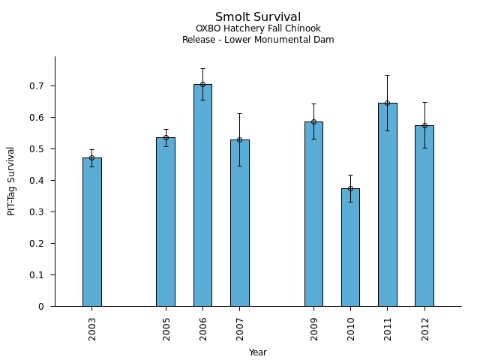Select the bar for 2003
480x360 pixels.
click(x=92, y=232)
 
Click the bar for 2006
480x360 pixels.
click(x=202, y=195)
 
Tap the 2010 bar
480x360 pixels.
click(x=350, y=247)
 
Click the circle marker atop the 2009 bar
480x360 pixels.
click(x=313, y=121)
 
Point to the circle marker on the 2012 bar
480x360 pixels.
click(x=424, y=125)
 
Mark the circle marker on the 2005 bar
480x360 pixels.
click(x=166, y=137)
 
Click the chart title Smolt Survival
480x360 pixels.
click(x=258, y=17)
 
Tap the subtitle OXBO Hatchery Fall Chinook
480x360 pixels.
click(x=258, y=29)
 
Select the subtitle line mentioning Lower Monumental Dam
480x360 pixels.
click(x=258, y=40)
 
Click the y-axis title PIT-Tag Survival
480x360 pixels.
click(x=11, y=181)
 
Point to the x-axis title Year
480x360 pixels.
click(x=258, y=352)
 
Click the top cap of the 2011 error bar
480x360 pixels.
click(x=387, y=75)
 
